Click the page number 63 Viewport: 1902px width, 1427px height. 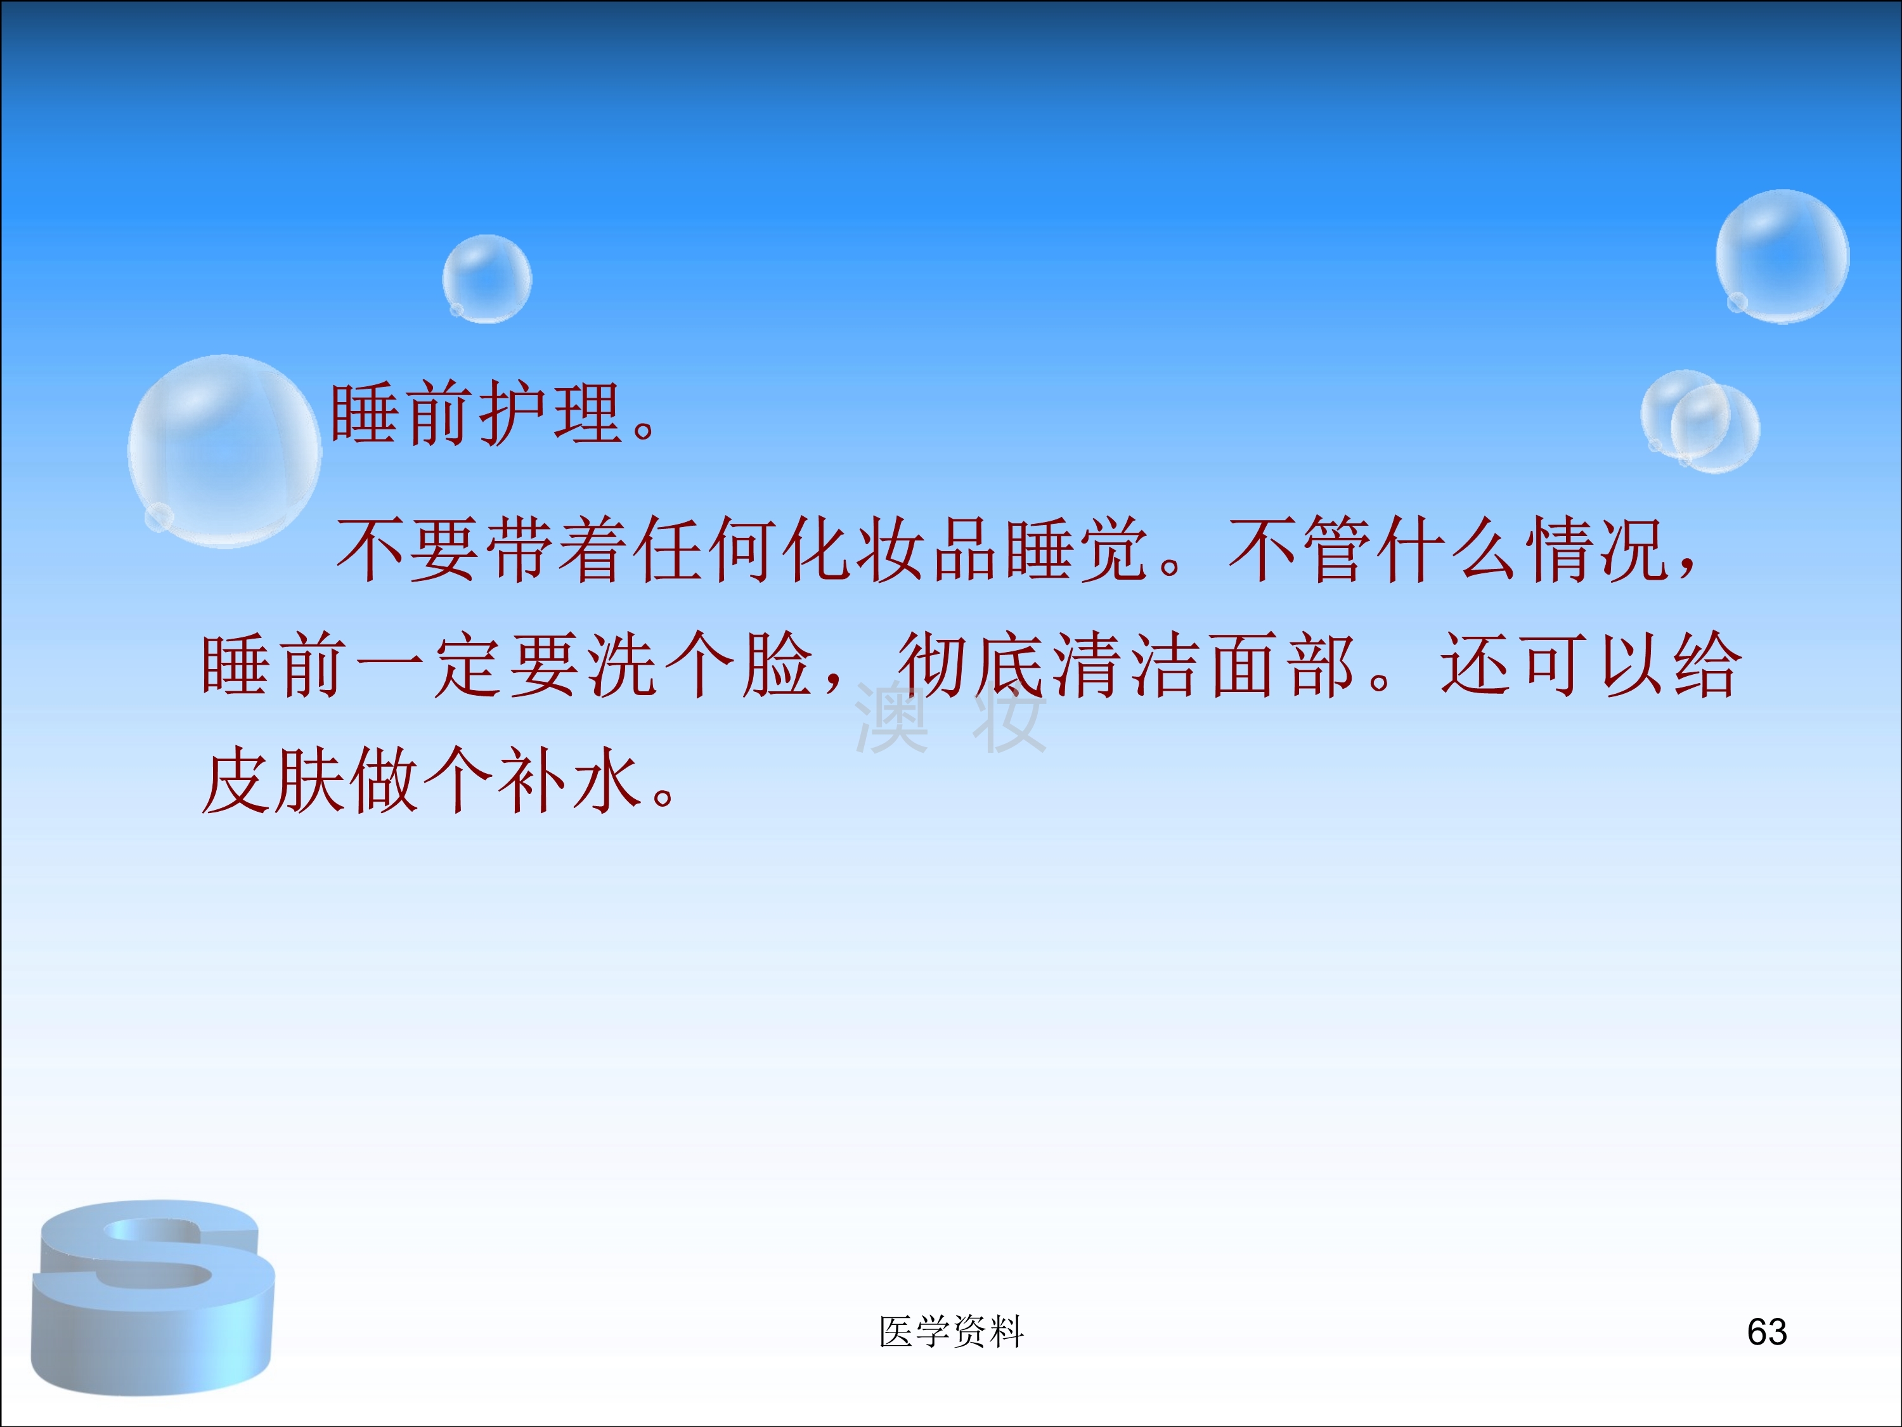coord(1767,1331)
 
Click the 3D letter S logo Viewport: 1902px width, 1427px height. coord(153,1297)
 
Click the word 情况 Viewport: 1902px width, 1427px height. coord(1600,549)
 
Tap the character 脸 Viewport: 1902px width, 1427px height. coord(778,664)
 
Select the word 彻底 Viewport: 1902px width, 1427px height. coord(972,664)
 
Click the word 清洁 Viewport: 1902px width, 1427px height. coord(1127,664)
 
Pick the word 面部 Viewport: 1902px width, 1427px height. coord(1284,664)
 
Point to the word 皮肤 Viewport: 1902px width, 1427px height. coord(275,780)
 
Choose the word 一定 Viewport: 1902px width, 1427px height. coord(430,664)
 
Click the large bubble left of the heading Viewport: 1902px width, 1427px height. coord(224,452)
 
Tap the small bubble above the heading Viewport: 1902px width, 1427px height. coord(487,278)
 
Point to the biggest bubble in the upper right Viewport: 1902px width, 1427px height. coord(1782,256)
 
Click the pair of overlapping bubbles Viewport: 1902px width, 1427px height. coord(1699,422)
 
